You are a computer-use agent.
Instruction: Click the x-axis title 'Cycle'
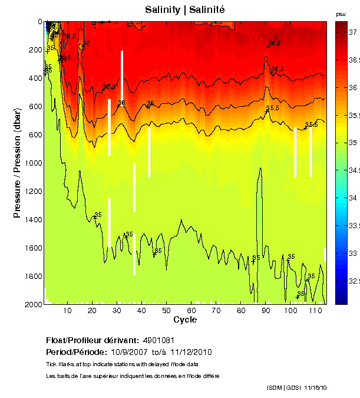(x=185, y=320)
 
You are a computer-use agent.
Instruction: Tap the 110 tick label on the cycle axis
(x=315, y=311)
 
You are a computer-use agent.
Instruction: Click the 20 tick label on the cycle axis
(x=92, y=311)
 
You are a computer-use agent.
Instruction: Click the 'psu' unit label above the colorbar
(x=340, y=14)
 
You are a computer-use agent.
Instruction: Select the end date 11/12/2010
(x=191, y=352)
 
